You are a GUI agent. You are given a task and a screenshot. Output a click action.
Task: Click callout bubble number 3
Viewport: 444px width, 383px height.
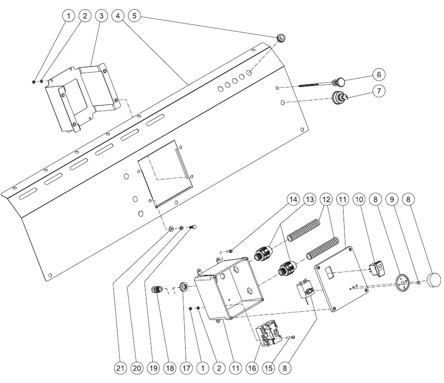[101, 16]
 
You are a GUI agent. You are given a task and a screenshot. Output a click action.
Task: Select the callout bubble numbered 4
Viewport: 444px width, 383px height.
[118, 16]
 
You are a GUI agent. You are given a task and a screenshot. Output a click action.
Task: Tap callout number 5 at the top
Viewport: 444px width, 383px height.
[135, 16]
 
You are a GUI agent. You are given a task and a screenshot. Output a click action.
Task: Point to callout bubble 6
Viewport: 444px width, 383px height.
[378, 75]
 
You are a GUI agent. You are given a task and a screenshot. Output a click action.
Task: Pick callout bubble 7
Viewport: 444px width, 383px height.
[378, 91]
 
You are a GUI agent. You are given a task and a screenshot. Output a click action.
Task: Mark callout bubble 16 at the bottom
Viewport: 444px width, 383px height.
[252, 368]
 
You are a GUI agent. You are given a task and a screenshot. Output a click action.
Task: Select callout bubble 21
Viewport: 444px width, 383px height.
[120, 368]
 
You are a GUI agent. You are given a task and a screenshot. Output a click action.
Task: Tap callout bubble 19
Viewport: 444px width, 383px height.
[153, 368]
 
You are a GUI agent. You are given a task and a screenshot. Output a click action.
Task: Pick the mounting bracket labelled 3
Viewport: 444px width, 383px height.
[83, 97]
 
